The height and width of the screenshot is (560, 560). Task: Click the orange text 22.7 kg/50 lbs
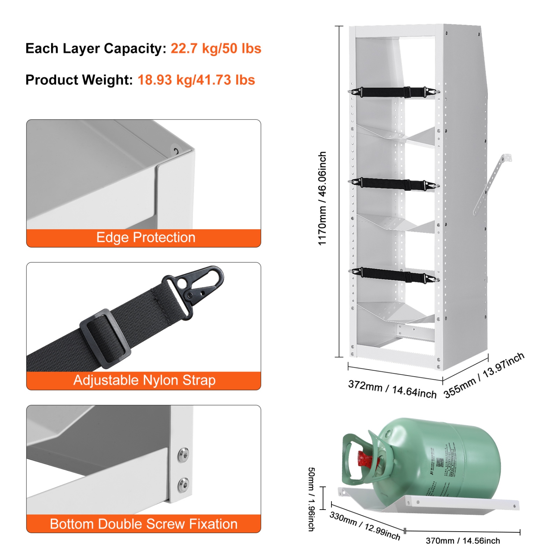(x=216, y=49)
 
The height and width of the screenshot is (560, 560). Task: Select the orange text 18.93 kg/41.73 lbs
(x=196, y=80)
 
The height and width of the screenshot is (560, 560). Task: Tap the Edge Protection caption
(x=146, y=238)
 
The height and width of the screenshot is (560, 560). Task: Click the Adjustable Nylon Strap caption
(x=144, y=380)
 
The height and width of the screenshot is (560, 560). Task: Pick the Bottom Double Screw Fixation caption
(x=144, y=524)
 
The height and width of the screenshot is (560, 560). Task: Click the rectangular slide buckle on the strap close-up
(x=105, y=338)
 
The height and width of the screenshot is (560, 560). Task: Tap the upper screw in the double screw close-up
(x=183, y=455)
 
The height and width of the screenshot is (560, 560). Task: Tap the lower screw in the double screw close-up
(x=183, y=485)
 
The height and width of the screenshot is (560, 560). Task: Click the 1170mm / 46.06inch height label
(x=322, y=198)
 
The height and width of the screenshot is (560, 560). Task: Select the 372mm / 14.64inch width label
(x=392, y=389)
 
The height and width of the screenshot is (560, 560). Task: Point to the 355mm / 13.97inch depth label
(x=484, y=375)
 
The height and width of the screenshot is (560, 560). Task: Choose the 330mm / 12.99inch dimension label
(x=365, y=526)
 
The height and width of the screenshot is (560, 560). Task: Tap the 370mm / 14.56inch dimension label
(x=463, y=541)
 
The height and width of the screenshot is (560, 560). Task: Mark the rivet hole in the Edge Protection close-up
(x=175, y=151)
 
